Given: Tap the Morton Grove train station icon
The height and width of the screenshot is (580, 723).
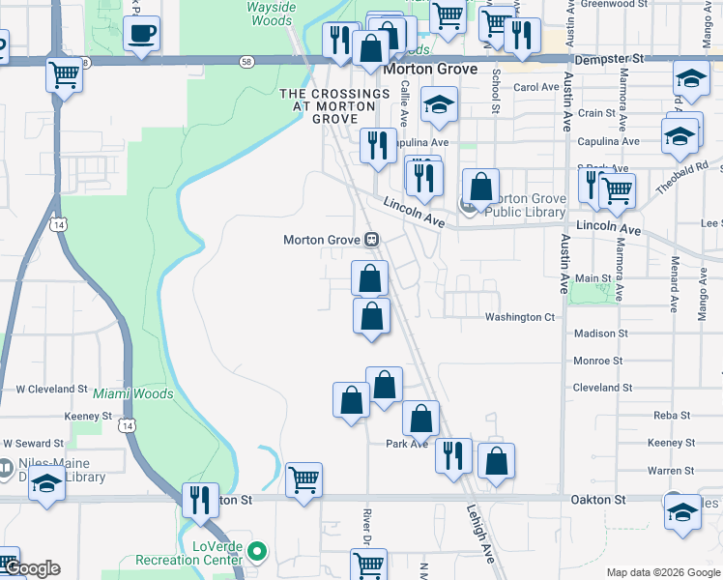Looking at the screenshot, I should click(x=371, y=240).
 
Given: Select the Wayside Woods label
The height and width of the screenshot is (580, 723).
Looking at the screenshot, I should click(x=270, y=14).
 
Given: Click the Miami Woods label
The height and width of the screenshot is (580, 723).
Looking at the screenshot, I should click(x=133, y=393).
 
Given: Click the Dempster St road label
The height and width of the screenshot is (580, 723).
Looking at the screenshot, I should click(x=608, y=59).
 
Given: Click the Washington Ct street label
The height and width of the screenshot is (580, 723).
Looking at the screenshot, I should click(x=520, y=316).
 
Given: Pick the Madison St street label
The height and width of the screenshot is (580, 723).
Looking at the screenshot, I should click(x=600, y=333).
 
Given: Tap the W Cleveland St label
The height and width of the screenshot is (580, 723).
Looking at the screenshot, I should click(x=52, y=389).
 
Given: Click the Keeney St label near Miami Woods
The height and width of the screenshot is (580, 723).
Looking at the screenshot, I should click(x=88, y=416).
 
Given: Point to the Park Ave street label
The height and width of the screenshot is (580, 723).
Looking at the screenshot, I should click(x=407, y=444).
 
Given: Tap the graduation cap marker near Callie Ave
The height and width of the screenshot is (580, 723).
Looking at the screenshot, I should click(x=439, y=107).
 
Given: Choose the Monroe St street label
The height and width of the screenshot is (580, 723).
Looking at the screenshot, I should click(x=598, y=361).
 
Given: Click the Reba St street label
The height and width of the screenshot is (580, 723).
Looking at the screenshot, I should click(x=672, y=415).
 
